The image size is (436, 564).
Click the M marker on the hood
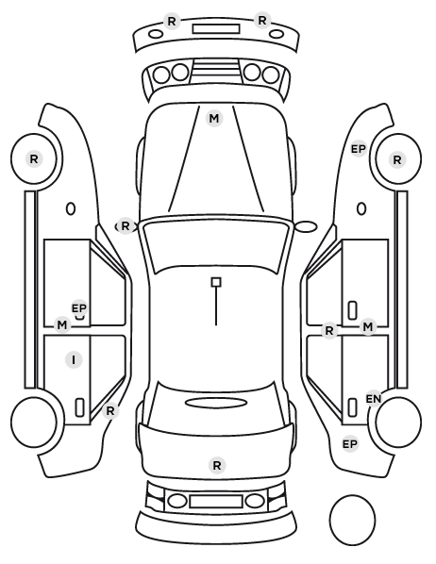tap(214, 118)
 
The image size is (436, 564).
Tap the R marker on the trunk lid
tap(217, 465)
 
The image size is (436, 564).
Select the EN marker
tap(374, 399)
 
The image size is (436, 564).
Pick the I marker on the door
tap(74, 359)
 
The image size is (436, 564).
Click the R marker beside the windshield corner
tap(125, 226)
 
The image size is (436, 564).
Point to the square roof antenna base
tap(216, 282)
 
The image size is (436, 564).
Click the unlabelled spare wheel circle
tap(352, 520)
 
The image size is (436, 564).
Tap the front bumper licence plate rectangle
tap(216, 29)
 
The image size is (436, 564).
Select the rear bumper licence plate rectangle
tap(216, 501)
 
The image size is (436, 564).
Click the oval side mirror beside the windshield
tap(306, 226)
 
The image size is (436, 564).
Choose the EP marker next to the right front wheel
tap(359, 149)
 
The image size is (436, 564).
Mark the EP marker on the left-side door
tap(79, 308)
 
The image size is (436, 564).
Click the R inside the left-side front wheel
tap(34, 158)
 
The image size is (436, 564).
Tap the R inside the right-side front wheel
tap(397, 159)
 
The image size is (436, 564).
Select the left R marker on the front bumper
tap(172, 22)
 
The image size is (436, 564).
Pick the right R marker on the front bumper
tap(261, 21)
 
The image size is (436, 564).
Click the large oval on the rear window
tap(216, 403)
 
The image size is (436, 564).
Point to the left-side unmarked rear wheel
tap(34, 422)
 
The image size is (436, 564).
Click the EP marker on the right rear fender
tap(349, 444)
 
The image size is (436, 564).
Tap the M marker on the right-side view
tap(368, 327)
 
